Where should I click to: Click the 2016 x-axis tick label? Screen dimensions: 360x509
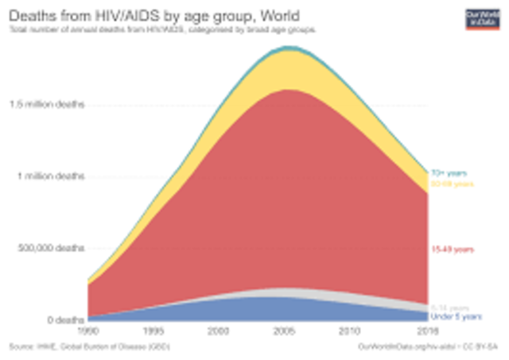(429, 330)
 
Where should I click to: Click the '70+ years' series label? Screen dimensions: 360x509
(448, 172)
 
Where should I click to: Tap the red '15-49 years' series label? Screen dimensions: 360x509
(449, 250)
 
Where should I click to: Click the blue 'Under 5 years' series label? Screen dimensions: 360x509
(453, 315)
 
